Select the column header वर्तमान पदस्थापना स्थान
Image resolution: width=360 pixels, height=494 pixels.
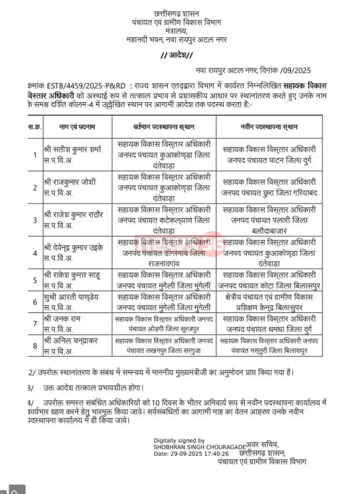pos(164,127)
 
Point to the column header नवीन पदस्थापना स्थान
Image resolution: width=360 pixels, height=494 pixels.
pos(269,127)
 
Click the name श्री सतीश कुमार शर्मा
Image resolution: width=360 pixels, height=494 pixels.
pos(72,150)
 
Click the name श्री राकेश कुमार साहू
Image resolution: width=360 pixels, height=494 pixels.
pos(73,275)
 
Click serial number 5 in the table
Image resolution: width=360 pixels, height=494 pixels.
pos(34,280)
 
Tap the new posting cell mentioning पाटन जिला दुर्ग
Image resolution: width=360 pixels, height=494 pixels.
pos(269,155)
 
